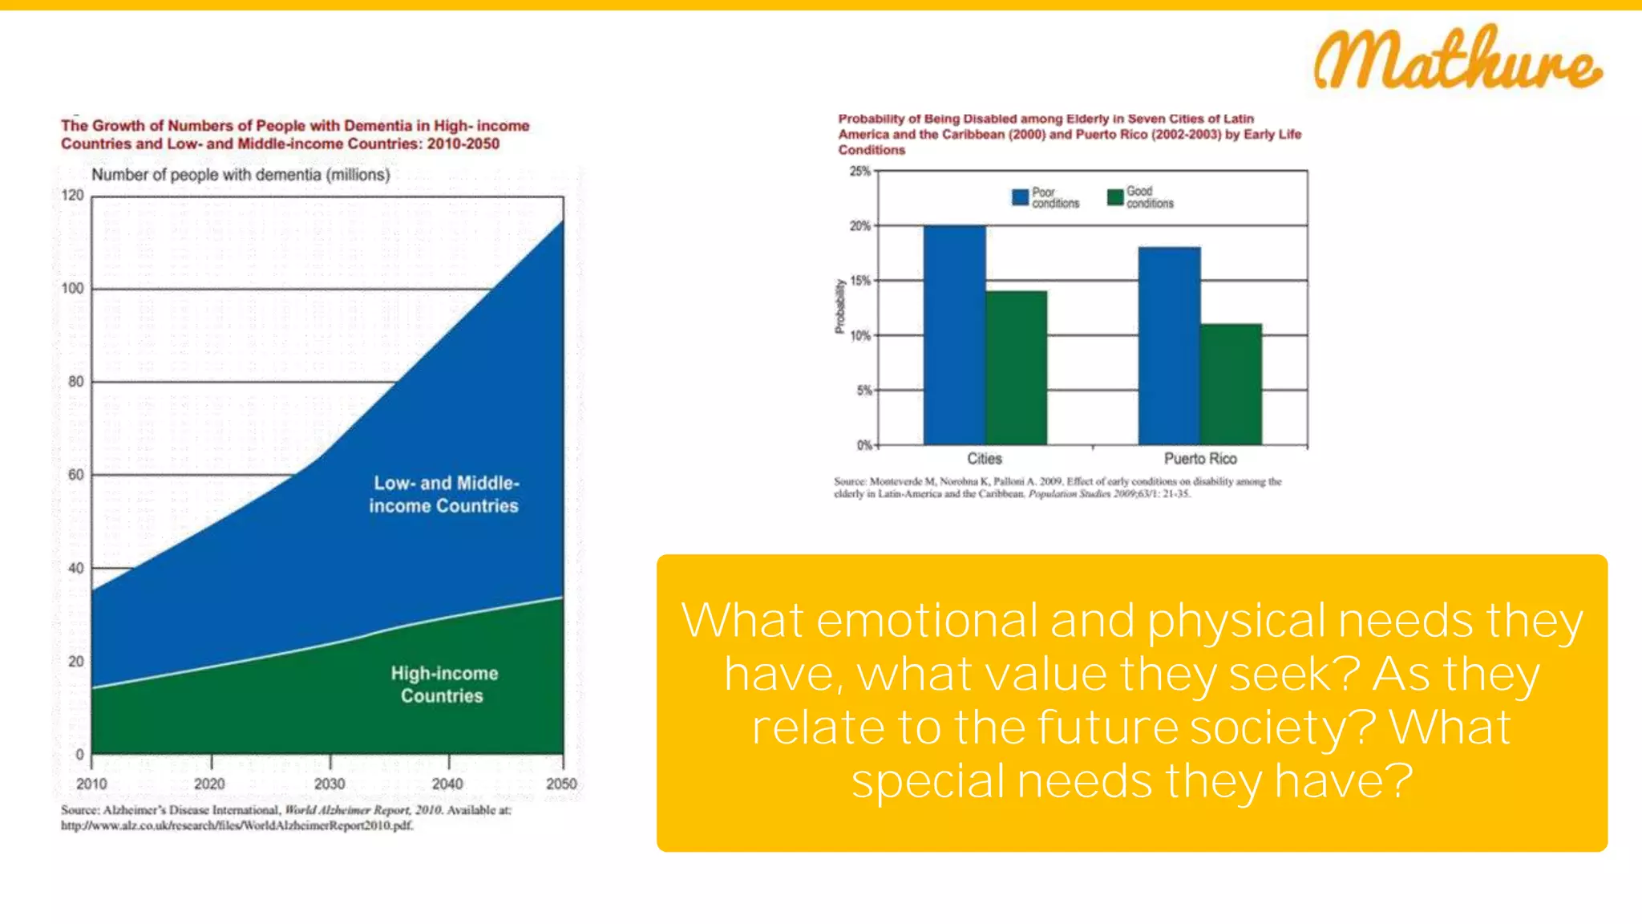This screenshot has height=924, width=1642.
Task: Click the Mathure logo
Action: tap(1457, 58)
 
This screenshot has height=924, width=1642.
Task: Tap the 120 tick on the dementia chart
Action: tap(72, 195)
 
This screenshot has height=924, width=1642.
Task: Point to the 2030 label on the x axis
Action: tap(330, 784)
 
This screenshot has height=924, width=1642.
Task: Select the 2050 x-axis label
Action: tap(561, 784)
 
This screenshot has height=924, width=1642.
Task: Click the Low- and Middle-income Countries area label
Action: tap(445, 494)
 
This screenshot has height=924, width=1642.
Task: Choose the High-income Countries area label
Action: tap(444, 684)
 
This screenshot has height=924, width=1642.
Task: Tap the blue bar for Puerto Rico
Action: tap(1169, 346)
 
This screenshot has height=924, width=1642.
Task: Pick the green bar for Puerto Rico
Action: tap(1231, 384)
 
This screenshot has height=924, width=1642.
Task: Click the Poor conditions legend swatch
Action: tap(1020, 197)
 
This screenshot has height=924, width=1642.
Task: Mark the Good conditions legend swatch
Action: tap(1114, 197)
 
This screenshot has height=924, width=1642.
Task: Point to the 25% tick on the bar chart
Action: tap(859, 171)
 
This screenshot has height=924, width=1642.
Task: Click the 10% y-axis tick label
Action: tap(859, 335)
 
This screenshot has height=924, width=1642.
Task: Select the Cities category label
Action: tap(984, 459)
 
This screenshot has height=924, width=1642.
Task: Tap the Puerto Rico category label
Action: tap(1200, 459)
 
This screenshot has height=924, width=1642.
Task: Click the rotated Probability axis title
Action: tap(839, 306)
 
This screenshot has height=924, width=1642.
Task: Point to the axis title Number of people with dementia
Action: tap(241, 175)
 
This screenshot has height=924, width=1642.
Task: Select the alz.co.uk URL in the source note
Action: tap(237, 825)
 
